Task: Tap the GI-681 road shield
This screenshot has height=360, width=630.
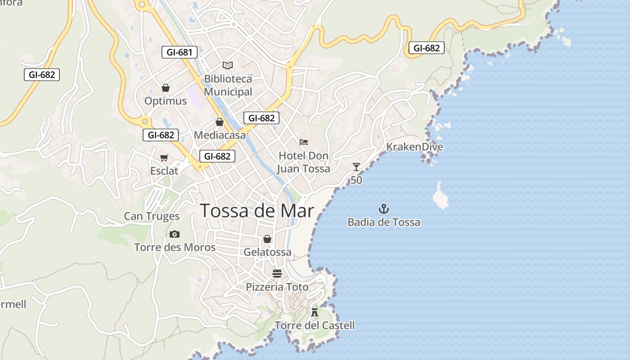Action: point(180,52)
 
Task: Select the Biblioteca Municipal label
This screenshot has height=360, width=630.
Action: point(228,85)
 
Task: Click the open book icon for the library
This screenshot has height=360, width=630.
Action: point(228,66)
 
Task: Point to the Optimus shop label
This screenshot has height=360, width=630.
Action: point(166,101)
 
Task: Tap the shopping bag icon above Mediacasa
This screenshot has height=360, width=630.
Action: point(220,122)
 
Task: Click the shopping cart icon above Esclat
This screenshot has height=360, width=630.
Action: point(164,157)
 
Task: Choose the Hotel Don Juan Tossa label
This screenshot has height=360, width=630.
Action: point(304,162)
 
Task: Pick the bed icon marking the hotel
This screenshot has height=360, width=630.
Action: point(304,142)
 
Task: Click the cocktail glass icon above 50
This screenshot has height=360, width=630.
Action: point(356,167)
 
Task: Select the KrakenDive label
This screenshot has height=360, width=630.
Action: point(414,147)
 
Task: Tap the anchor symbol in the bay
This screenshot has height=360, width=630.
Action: point(384,209)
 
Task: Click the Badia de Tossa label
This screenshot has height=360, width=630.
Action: point(384,222)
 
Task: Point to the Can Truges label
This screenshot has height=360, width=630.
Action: point(152,216)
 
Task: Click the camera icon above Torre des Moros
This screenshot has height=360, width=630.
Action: point(175,234)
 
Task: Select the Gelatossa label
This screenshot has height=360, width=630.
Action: point(267,252)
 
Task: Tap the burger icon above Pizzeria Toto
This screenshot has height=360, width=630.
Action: point(277,274)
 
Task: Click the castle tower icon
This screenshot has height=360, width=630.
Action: point(315,311)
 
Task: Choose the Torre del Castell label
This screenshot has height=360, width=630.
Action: point(315,325)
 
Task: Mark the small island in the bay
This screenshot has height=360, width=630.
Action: point(440,197)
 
